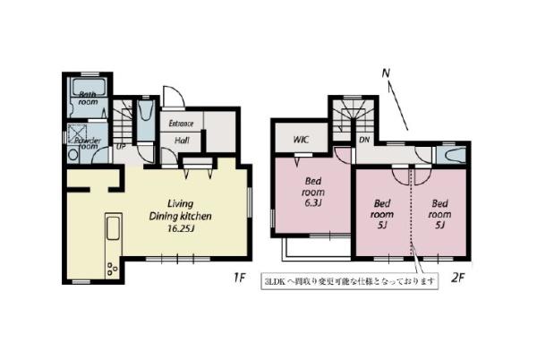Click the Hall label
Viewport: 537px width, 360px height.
coord(181,140)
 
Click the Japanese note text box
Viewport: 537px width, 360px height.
coord(350,281)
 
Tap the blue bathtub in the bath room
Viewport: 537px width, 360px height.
coord(89,90)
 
